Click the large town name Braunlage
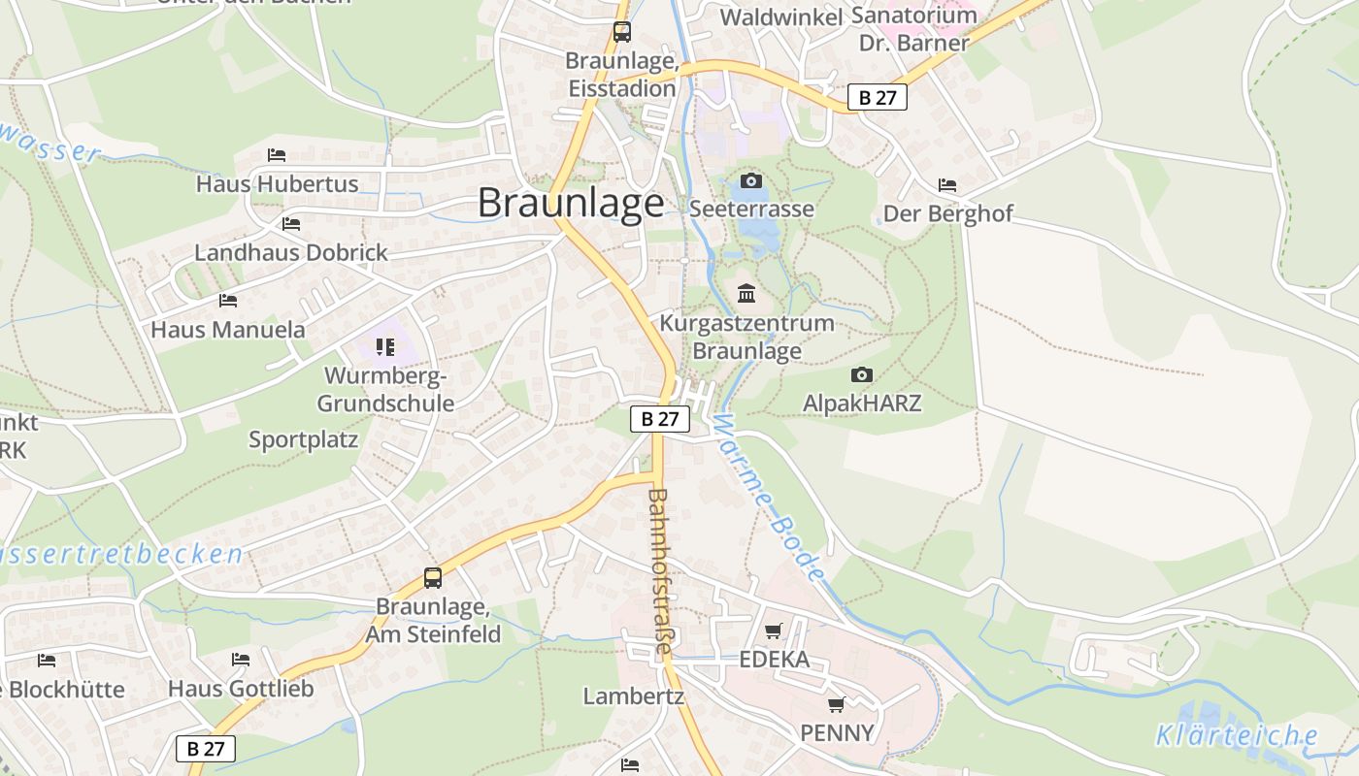click(x=571, y=203)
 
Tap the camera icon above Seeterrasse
click(x=750, y=180)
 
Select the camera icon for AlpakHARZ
click(x=861, y=374)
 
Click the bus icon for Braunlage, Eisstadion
click(x=622, y=32)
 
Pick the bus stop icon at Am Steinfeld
click(x=433, y=578)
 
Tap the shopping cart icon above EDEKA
click(x=774, y=631)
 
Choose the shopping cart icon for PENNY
click(x=836, y=704)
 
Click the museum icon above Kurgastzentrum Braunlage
click(x=746, y=293)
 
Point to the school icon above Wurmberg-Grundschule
click(x=385, y=346)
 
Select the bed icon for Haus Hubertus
click(x=277, y=154)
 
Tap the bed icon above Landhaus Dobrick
click(x=290, y=224)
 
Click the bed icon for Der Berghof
click(x=947, y=185)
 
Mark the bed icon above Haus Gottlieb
click(x=241, y=660)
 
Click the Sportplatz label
click(x=303, y=439)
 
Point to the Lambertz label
click(x=633, y=695)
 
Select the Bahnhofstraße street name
click(x=660, y=572)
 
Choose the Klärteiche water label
click(x=1236, y=735)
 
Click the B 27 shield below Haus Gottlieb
click(x=206, y=748)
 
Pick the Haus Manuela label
click(x=228, y=330)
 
